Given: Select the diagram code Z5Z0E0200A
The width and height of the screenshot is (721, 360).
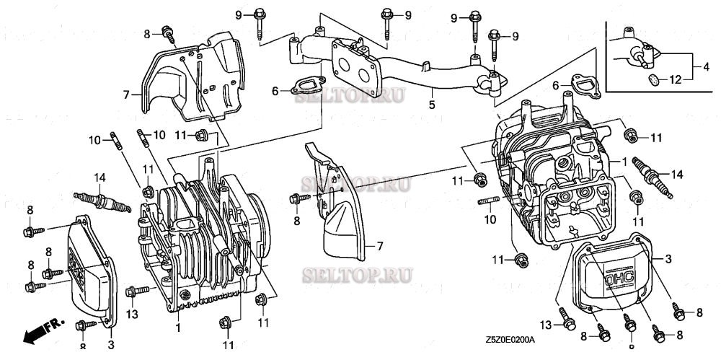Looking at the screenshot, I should pyautogui.click(x=515, y=339).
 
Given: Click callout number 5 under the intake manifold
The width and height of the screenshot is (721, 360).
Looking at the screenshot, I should pyautogui.click(x=432, y=104).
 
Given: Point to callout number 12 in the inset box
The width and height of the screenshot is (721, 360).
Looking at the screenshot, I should pyautogui.click(x=675, y=79).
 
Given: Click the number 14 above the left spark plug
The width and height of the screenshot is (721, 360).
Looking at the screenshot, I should pyautogui.click(x=99, y=177).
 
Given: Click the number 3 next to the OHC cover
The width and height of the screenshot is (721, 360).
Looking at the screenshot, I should pyautogui.click(x=668, y=258).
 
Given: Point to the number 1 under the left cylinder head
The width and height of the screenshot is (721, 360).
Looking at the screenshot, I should pyautogui.click(x=175, y=327).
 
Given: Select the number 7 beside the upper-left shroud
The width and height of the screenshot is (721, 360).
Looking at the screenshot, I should pyautogui.click(x=125, y=95).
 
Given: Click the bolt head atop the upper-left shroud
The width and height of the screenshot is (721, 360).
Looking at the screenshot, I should pyautogui.click(x=169, y=32).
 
